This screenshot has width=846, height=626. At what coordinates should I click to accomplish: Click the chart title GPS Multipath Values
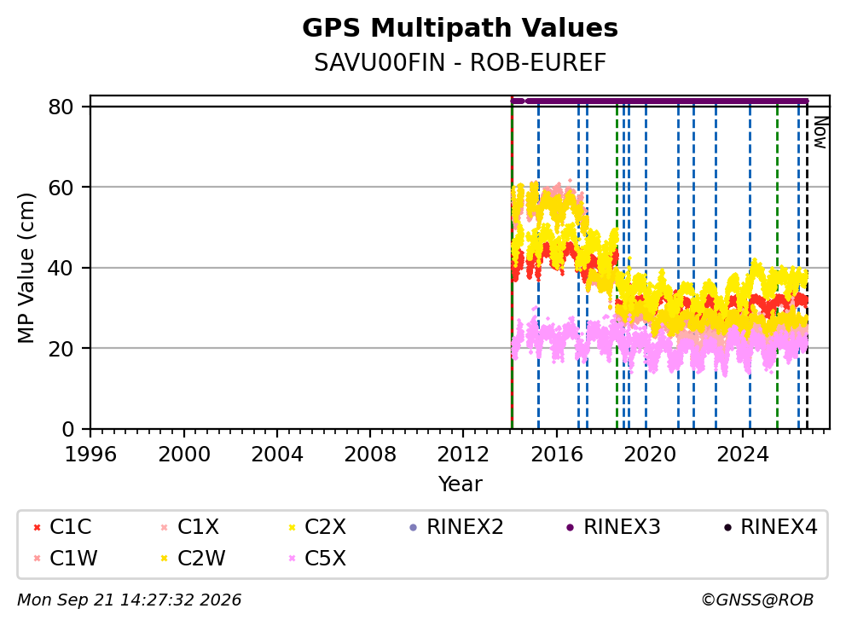coord(460,28)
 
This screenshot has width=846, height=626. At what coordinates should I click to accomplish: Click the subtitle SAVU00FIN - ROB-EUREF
coord(460,62)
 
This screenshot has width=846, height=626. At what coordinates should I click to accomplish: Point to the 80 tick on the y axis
coord(61,107)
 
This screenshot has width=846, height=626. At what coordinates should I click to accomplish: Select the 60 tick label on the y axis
coord(61,188)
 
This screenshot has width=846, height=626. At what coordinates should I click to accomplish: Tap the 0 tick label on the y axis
coord(67,429)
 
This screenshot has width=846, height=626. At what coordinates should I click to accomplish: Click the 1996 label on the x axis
coord(90,455)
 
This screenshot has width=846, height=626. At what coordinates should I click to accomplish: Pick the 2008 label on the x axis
coord(370,455)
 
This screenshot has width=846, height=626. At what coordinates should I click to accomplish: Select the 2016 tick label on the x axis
coord(556,455)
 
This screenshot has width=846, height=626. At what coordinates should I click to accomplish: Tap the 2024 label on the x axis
coord(743,455)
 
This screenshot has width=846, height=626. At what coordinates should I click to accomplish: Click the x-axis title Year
coord(460,484)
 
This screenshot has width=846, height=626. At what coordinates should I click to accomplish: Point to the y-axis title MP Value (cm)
coord(26,268)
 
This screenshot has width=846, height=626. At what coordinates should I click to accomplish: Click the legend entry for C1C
coord(62,527)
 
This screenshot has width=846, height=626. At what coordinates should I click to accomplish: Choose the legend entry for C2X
coord(317,527)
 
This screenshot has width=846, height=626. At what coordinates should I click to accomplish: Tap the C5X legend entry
coord(317,558)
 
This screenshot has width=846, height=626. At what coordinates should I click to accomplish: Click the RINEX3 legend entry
coord(613,527)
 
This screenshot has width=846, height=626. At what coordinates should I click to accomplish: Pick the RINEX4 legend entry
coord(770,527)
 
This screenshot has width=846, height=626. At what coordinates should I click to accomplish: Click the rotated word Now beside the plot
coord(820,132)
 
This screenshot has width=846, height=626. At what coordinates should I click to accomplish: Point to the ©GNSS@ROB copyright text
coord(757,600)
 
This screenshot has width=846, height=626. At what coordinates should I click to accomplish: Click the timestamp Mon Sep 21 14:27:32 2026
coord(130,600)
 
